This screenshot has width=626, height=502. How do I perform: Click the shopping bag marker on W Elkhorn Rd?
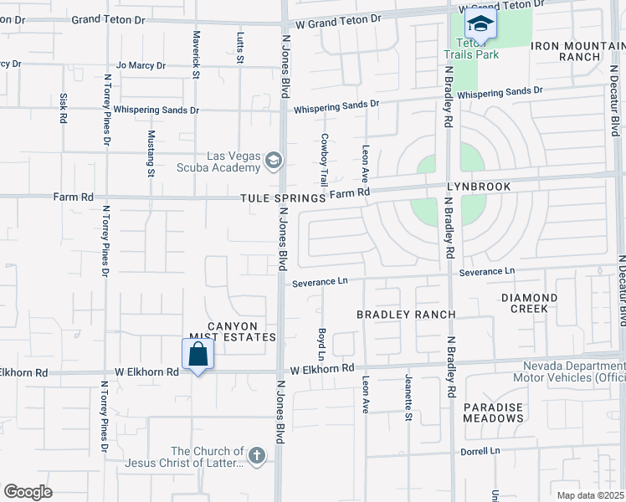pos(198,355)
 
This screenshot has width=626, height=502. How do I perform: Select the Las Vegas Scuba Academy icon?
pos(273,160)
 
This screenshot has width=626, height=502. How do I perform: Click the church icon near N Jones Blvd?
pos(256,456)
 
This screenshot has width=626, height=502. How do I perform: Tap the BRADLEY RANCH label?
pos(406,315)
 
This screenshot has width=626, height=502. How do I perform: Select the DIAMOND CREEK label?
pos(529,303)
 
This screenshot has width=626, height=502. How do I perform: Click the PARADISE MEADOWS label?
pos(494,413)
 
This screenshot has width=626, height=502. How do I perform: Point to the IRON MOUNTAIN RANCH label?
pos(567,50)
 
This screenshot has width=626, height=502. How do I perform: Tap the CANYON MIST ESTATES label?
pos(232,331)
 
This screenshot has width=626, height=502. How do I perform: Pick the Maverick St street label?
pos(197,55)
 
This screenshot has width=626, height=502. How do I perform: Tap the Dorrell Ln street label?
pos(480,451)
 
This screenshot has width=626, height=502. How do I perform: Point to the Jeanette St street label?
pos(408,397)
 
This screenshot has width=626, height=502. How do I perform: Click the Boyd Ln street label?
pos(321,345)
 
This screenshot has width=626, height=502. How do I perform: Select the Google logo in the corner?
pos(28,492)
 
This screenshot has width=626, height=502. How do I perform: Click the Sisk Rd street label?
pos(62,109)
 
